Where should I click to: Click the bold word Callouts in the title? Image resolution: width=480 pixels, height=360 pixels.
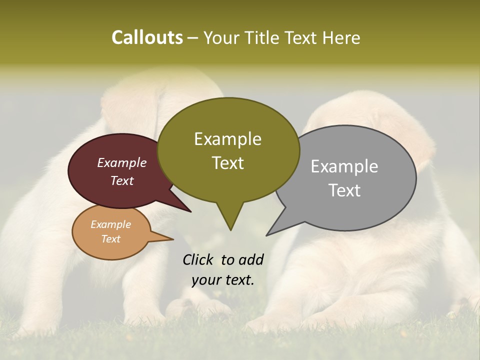(147, 38)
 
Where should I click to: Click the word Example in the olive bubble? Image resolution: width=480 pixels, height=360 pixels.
(227, 139)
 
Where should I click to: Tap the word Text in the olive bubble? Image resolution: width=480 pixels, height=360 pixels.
(228, 163)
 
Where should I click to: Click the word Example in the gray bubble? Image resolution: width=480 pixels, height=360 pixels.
(344, 166)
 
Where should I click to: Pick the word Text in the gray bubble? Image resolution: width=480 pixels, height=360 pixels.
(344, 190)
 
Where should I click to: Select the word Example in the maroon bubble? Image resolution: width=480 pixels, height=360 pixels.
(122, 163)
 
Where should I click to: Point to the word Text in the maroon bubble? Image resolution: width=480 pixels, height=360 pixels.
(122, 181)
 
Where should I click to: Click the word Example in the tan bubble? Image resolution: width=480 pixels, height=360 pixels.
(110, 224)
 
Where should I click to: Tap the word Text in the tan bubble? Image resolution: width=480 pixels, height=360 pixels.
(110, 239)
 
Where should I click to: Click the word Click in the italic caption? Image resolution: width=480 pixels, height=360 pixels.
(198, 259)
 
